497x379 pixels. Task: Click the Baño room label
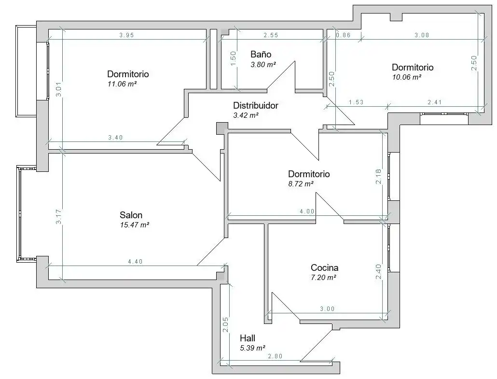pos(261,54)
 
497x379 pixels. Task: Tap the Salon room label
pos(131,215)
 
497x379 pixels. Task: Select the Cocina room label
pos(325,267)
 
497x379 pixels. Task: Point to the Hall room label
pos(248,338)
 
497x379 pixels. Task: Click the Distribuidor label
pos(256,106)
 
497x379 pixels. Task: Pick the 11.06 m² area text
pos(122,84)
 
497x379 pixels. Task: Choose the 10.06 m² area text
pos(407,77)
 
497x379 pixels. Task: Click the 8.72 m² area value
pos(301,183)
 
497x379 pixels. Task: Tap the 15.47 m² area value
pos(135,225)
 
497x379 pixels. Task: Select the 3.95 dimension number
pos(127,35)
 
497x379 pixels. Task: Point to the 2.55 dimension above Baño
pos(271,35)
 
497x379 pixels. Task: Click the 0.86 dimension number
pos(343,35)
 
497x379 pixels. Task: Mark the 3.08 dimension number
pos(422,35)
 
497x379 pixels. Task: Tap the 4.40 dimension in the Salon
pos(135,262)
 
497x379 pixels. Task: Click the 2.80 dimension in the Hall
pos(275,356)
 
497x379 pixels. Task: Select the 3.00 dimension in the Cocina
pos(328,309)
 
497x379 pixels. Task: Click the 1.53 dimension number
pos(356,102)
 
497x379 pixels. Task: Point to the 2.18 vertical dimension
pos(378,177)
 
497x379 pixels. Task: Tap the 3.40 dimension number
pos(115,138)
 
